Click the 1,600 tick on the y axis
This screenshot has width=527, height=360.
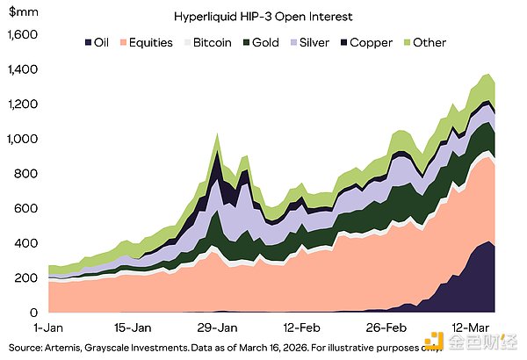pyautogui.click(x=24, y=35)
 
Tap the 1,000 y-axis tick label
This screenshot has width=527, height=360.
pyautogui.click(x=24, y=139)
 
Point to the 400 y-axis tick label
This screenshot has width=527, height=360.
pyautogui.click(x=29, y=243)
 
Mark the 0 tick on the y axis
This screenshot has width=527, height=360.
pyautogui.click(x=36, y=313)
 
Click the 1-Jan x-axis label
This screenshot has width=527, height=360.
pyautogui.click(x=49, y=327)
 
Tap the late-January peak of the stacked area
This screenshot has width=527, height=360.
pyautogui.click(x=217, y=134)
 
